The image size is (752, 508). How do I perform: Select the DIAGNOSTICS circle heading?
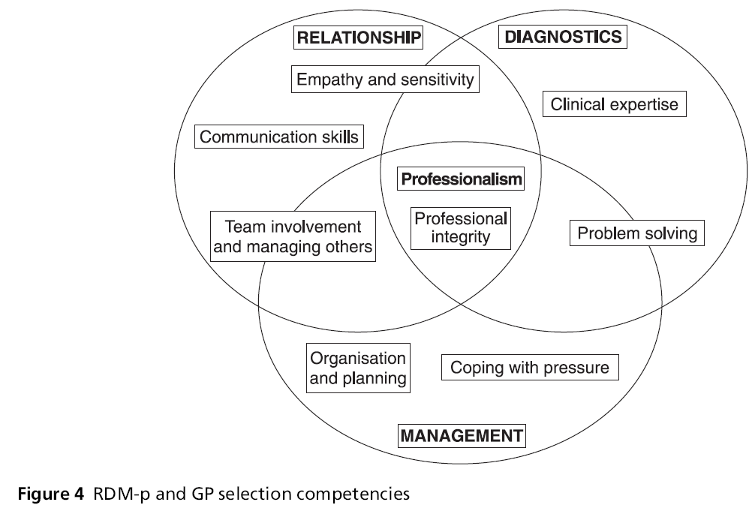561,37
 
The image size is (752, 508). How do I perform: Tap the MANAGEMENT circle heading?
462,435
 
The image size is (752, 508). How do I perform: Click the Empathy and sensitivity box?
385,80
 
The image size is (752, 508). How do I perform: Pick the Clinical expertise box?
614,104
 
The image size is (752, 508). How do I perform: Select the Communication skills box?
279,137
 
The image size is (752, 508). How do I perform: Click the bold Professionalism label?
460,179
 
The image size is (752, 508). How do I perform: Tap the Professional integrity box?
461,228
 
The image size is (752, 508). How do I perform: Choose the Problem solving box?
636,233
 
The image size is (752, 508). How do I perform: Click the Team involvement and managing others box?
293,236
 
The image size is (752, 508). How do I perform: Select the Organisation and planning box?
359,368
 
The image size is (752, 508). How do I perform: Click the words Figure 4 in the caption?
51,494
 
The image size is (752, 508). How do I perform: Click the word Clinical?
577,104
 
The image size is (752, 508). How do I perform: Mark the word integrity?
461,238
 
